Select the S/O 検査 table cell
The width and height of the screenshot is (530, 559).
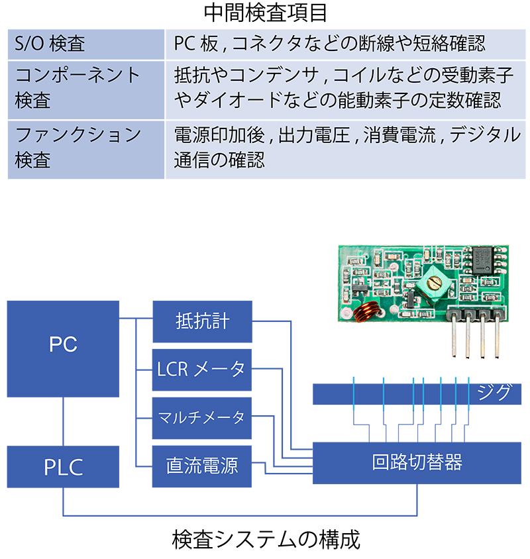(86, 44)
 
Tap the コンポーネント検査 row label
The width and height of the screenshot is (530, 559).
(86, 89)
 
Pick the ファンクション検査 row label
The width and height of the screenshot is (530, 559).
(86, 148)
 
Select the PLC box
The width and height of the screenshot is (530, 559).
(63, 466)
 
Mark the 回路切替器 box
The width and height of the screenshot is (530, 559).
(417, 462)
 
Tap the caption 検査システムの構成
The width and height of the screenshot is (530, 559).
(265, 540)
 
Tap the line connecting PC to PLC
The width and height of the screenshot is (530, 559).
(63, 422)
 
